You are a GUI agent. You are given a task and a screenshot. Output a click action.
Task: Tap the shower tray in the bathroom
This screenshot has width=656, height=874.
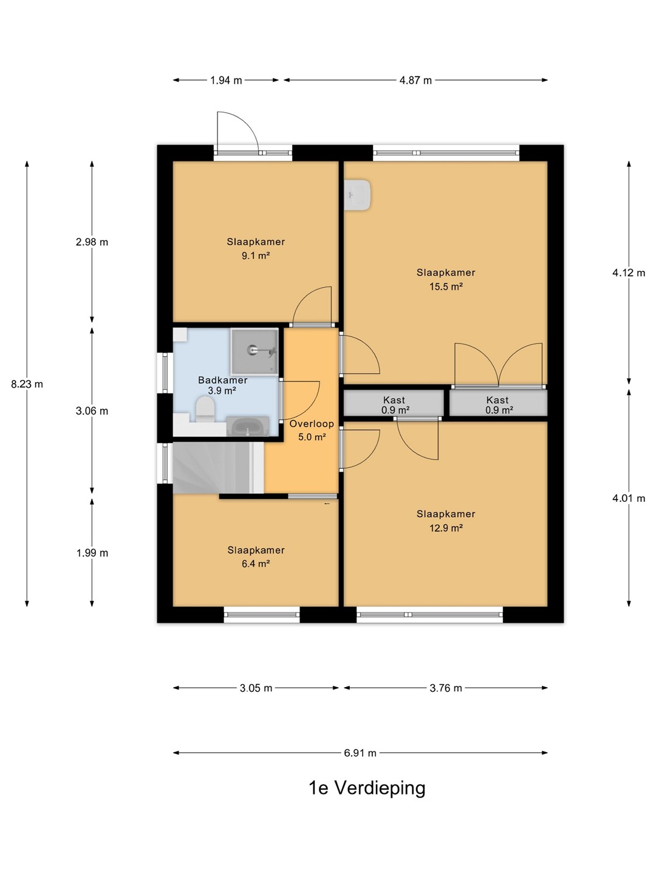click(255, 351)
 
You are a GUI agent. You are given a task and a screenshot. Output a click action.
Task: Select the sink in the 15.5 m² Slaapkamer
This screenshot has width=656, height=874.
click(357, 195)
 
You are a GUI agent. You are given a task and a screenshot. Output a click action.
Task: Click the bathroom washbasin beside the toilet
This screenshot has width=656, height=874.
click(247, 427)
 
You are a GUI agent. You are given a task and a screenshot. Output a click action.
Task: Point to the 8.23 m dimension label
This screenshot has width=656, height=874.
click(27, 384)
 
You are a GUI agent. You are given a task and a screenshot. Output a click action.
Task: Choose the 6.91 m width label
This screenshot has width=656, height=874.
click(360, 753)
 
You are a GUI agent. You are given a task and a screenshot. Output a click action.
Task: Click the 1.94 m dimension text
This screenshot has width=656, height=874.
click(226, 81)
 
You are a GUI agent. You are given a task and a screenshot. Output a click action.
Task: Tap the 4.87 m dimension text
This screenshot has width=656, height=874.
click(415, 81)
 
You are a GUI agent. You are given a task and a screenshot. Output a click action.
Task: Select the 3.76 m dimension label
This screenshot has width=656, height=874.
click(446, 688)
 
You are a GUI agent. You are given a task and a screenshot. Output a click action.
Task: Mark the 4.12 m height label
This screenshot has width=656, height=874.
click(629, 273)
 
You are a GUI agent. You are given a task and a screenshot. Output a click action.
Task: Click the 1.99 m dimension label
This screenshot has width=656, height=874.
click(92, 553)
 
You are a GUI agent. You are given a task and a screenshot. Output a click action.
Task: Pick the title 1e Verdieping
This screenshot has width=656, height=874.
click(367, 788)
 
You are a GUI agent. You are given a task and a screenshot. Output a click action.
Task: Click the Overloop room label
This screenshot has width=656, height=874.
click(312, 424)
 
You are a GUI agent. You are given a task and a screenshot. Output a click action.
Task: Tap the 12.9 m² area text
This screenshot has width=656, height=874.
click(446, 528)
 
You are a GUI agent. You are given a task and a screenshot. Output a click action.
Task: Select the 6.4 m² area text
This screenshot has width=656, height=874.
click(256, 564)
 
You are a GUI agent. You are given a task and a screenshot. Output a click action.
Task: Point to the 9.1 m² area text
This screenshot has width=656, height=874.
click(256, 256)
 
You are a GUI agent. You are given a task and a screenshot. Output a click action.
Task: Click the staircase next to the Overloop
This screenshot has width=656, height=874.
click(218, 468)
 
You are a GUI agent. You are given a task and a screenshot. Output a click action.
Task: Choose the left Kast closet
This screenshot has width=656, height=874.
click(394, 403)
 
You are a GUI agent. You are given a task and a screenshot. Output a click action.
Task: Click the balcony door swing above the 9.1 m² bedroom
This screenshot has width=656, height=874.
click(237, 131)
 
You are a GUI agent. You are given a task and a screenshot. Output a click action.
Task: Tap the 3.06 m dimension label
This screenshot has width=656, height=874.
click(92, 411)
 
